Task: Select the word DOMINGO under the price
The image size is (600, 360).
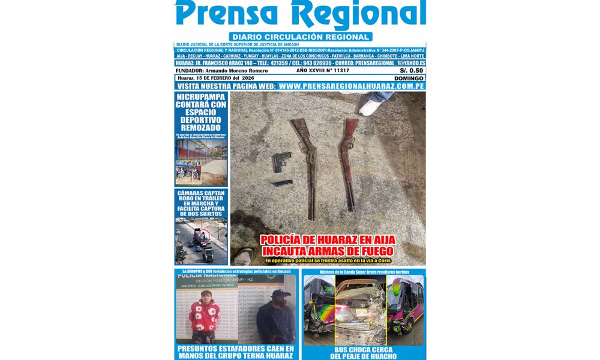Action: click(x=409, y=78)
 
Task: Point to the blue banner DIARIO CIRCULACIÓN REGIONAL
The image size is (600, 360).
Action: click(x=300, y=37)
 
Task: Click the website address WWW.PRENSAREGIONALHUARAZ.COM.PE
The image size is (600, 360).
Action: click(x=352, y=86)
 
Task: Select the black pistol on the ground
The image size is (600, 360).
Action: click(x=281, y=161)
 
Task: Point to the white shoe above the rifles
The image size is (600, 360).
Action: click(x=371, y=106)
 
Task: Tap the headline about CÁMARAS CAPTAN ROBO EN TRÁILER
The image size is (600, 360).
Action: click(x=201, y=203)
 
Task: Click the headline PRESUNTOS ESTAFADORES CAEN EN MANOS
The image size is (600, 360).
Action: click(x=235, y=352)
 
